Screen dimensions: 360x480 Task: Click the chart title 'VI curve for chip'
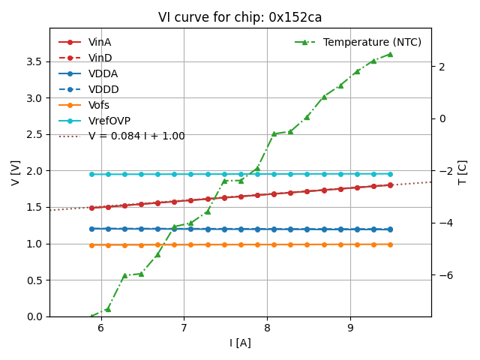point(240,17)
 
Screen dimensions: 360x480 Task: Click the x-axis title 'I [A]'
point(240,343)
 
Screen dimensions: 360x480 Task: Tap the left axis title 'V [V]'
point(16,172)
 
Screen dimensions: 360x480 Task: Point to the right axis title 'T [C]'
point(463,172)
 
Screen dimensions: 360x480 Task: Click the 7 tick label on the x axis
point(184,328)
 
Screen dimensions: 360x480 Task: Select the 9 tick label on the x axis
point(349,328)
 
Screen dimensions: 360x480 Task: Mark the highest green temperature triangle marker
point(390,54)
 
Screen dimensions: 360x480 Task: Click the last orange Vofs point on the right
point(390,244)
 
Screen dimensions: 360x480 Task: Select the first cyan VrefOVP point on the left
point(91,174)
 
